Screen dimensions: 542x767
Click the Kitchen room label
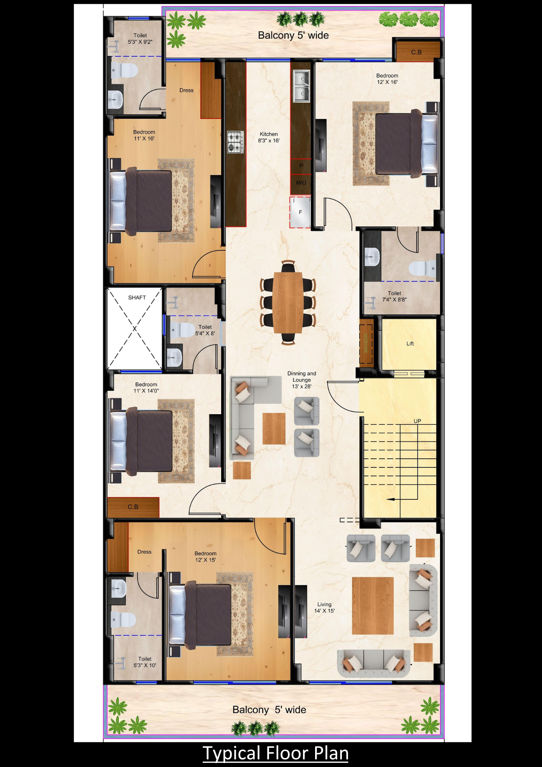click(269, 137)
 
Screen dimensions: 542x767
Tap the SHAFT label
click(137, 298)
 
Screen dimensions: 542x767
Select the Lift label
click(410, 344)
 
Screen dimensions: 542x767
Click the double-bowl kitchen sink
click(301, 86)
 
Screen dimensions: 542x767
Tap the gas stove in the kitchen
click(235, 142)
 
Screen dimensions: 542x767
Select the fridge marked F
click(300, 212)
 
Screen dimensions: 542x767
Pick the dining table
click(288, 303)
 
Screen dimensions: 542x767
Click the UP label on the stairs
click(417, 421)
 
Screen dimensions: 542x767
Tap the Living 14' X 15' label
click(324, 607)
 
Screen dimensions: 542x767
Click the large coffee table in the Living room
click(373, 606)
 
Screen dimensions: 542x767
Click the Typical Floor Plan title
click(275, 753)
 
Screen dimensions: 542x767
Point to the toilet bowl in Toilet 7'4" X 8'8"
click(422, 268)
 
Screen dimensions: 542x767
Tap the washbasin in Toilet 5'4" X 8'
click(174, 358)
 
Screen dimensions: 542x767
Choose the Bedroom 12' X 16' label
click(387, 79)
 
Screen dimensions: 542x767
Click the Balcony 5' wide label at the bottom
click(269, 710)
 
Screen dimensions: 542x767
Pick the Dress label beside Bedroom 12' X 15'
click(145, 552)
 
